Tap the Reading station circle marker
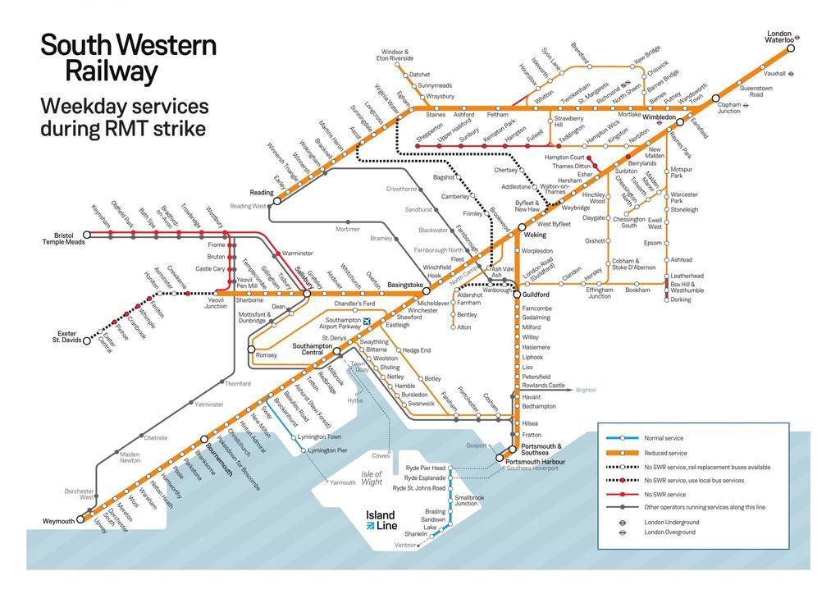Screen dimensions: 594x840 (x=276, y=200)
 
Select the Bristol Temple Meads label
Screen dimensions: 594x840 (x=63, y=239)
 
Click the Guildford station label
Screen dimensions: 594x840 (x=536, y=294)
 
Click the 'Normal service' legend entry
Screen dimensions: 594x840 (x=664, y=438)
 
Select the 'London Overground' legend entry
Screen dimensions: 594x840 (x=669, y=532)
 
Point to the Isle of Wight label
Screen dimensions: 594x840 (x=372, y=477)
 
